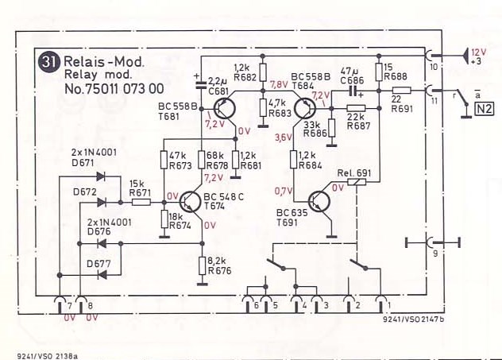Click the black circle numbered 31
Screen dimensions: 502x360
click(48, 62)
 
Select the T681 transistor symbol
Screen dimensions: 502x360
click(225, 108)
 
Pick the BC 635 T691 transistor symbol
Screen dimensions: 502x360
click(319, 202)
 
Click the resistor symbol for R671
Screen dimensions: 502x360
click(141, 202)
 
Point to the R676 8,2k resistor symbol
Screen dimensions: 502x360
click(202, 266)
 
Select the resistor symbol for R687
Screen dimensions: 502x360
click(356, 108)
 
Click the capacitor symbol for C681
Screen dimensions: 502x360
click(201, 84)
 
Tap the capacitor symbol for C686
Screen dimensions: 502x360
click(354, 91)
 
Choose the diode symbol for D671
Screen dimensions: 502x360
click(101, 176)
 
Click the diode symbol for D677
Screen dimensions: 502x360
click(102, 274)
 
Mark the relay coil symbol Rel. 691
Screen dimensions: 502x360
click(357, 182)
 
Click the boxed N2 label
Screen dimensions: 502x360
click(484, 109)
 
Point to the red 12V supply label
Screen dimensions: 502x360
click(478, 52)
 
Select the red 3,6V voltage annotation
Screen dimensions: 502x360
click(283, 137)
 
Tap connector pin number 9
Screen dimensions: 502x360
click(435, 254)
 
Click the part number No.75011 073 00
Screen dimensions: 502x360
click(114, 89)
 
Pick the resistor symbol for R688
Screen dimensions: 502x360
click(379, 72)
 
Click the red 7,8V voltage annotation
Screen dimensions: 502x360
click(279, 85)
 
